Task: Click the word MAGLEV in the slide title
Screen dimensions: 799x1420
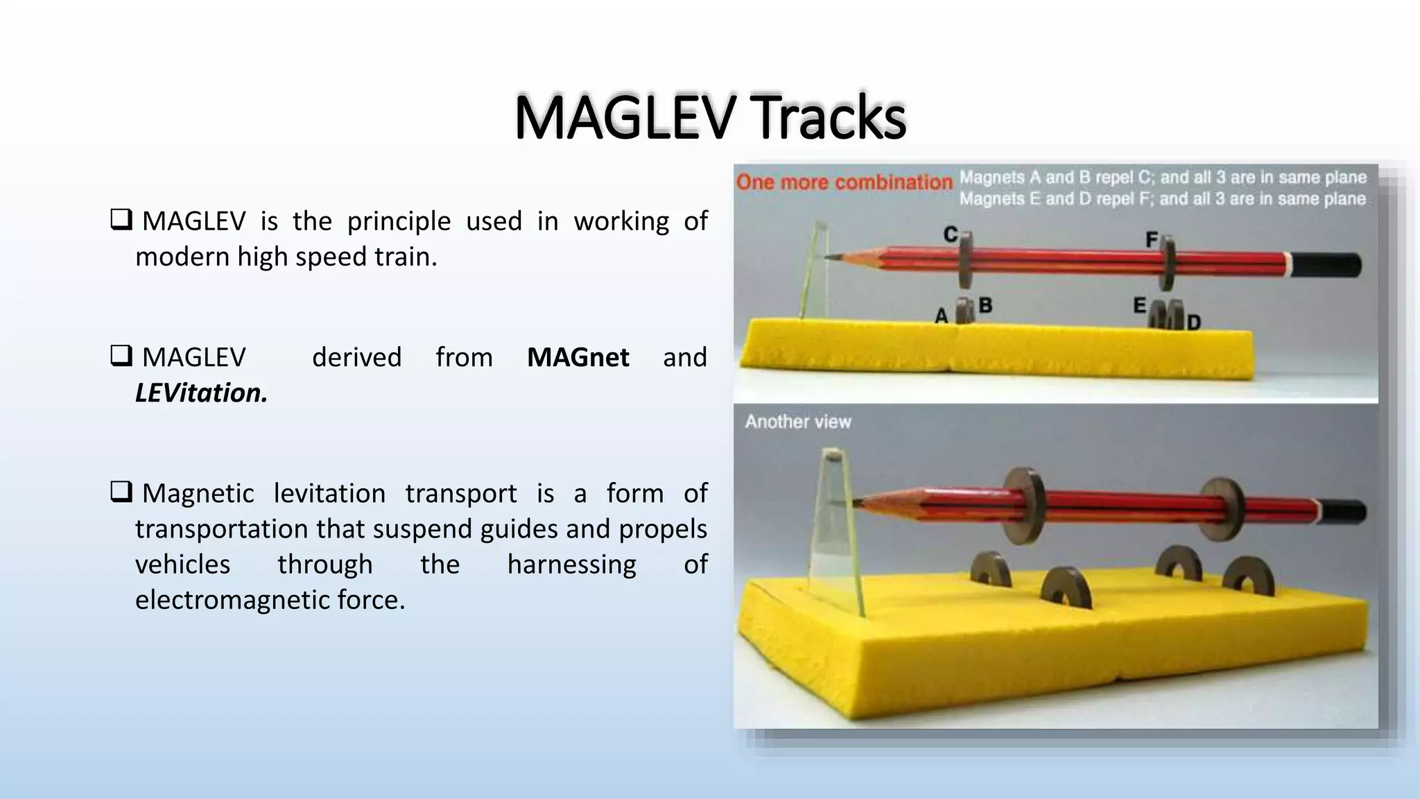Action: (623, 117)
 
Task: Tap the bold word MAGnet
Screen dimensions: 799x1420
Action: (578, 358)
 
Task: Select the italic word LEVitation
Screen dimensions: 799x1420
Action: (201, 393)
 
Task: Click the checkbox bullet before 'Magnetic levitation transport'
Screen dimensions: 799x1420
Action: (121, 492)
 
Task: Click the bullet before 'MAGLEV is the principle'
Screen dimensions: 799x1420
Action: (121, 221)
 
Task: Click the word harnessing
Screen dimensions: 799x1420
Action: (571, 565)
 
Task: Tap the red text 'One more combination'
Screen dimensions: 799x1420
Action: (844, 182)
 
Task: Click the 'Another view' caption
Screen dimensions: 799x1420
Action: (798, 422)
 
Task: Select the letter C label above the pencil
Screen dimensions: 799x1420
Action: (951, 235)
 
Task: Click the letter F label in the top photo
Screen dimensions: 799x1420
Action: (1152, 240)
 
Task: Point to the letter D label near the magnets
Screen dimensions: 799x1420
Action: (1193, 323)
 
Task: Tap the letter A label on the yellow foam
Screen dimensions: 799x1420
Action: (941, 316)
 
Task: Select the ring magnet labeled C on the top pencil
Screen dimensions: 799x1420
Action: (966, 261)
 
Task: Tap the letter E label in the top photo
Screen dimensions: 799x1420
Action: (1139, 305)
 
